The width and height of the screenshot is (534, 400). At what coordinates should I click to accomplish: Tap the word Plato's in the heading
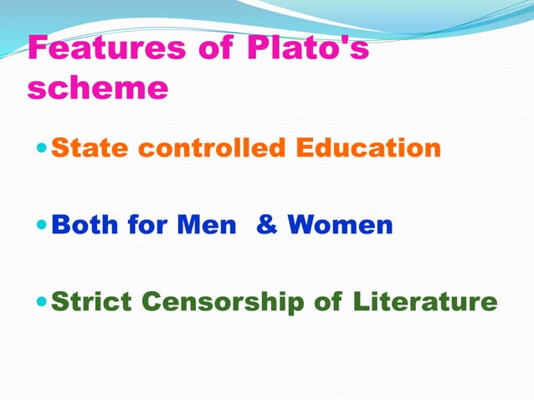pyautogui.click(x=308, y=48)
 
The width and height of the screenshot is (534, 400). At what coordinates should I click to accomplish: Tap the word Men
pyautogui.click(x=207, y=224)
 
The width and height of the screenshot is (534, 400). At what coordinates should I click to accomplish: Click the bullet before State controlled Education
pyautogui.click(x=43, y=149)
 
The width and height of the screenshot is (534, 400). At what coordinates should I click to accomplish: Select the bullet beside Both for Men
pyautogui.click(x=43, y=225)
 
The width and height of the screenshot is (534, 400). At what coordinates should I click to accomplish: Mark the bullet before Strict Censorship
pyautogui.click(x=43, y=302)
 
